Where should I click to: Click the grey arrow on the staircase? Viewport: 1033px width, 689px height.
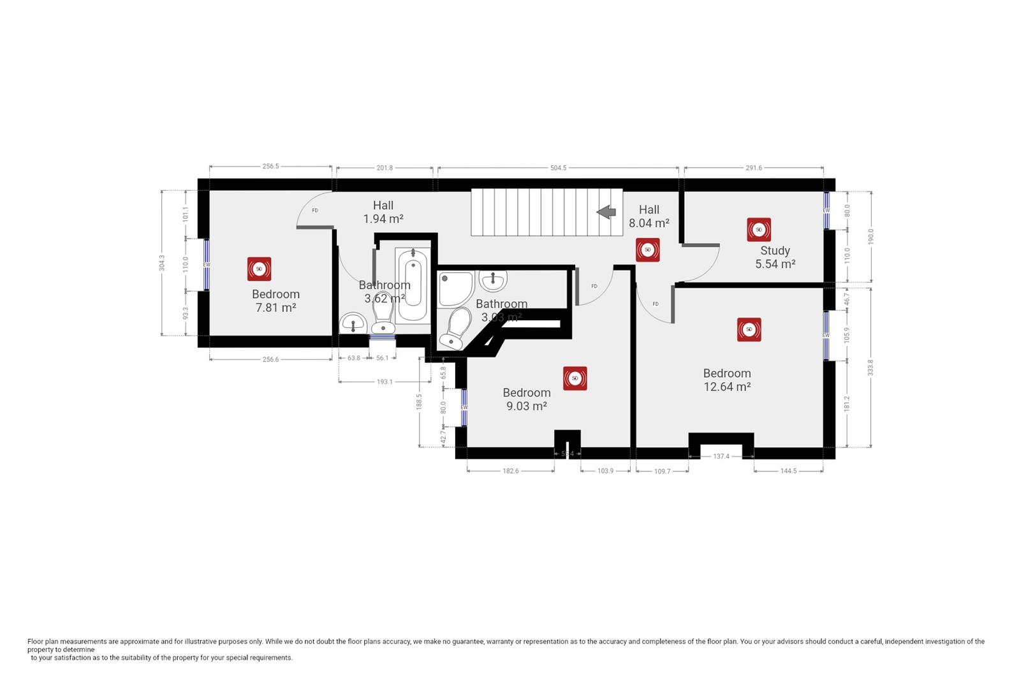(x=606, y=212)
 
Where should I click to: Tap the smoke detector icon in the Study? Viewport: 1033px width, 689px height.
(x=759, y=230)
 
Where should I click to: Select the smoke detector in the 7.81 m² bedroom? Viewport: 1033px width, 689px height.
(x=259, y=269)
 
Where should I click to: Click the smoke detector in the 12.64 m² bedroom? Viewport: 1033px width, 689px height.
(x=749, y=330)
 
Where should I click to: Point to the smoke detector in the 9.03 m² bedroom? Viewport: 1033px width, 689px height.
(x=575, y=378)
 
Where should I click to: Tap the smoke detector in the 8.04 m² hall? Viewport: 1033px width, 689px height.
(x=647, y=250)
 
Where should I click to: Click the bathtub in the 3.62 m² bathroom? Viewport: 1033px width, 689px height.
(x=413, y=286)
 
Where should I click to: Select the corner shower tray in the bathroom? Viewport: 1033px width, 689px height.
(x=453, y=288)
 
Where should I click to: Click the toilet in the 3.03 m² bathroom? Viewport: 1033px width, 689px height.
(x=455, y=329)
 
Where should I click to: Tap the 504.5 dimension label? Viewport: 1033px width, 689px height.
(x=558, y=168)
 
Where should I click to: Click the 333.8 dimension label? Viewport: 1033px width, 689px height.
(x=870, y=367)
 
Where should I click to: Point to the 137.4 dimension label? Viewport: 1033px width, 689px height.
(x=721, y=457)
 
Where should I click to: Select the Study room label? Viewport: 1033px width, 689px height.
(x=775, y=251)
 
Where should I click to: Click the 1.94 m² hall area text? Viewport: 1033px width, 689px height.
(x=383, y=219)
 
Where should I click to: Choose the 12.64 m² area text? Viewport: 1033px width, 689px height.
(x=727, y=387)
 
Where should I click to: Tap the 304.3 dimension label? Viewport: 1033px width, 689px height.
(x=162, y=263)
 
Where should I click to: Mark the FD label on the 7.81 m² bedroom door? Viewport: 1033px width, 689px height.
(x=315, y=211)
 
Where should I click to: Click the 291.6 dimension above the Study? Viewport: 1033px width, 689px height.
(x=754, y=168)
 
